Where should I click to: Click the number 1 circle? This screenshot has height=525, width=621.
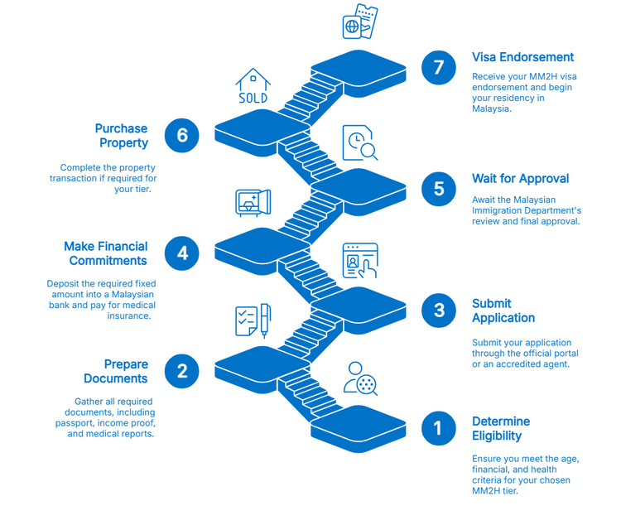[x=438, y=428]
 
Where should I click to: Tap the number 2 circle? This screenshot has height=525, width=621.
[x=182, y=370]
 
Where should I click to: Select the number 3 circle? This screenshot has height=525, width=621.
[x=438, y=310]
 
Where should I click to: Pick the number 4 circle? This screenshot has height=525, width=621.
[x=182, y=253]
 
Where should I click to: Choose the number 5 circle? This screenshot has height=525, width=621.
[x=438, y=188]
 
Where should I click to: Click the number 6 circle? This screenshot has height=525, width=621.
[x=182, y=135]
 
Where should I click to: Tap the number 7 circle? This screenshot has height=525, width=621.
[x=438, y=67]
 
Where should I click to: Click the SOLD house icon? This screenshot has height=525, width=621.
[x=253, y=86]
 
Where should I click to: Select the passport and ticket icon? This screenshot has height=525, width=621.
[x=360, y=22]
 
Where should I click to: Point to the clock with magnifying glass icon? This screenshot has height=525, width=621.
[x=361, y=142]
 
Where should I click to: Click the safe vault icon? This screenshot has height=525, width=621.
[x=253, y=203]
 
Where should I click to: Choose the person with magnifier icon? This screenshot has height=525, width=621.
[x=361, y=378]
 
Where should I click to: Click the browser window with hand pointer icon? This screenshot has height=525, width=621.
[x=360, y=261]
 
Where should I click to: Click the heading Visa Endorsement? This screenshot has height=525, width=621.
[x=522, y=57]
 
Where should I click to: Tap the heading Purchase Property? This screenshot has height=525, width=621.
[x=122, y=136]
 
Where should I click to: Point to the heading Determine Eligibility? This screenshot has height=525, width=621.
[x=500, y=429]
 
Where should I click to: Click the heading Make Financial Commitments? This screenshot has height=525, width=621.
[x=106, y=253]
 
